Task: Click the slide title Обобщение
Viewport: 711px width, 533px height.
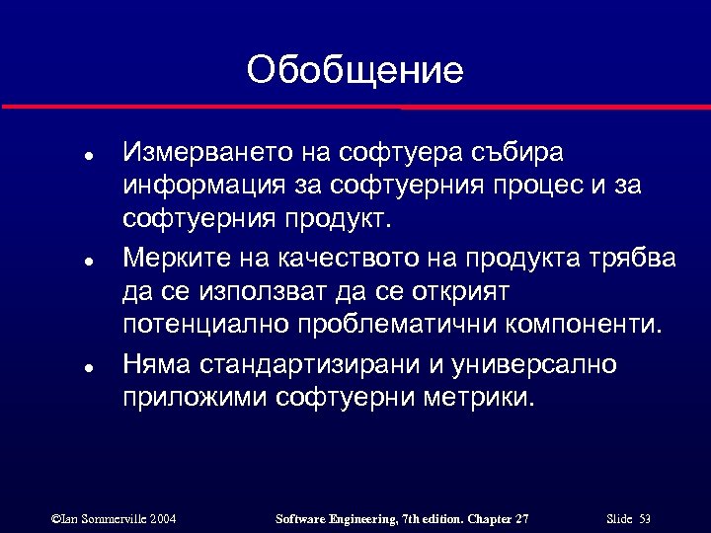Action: click(355, 70)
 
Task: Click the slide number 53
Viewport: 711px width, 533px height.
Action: click(645, 518)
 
